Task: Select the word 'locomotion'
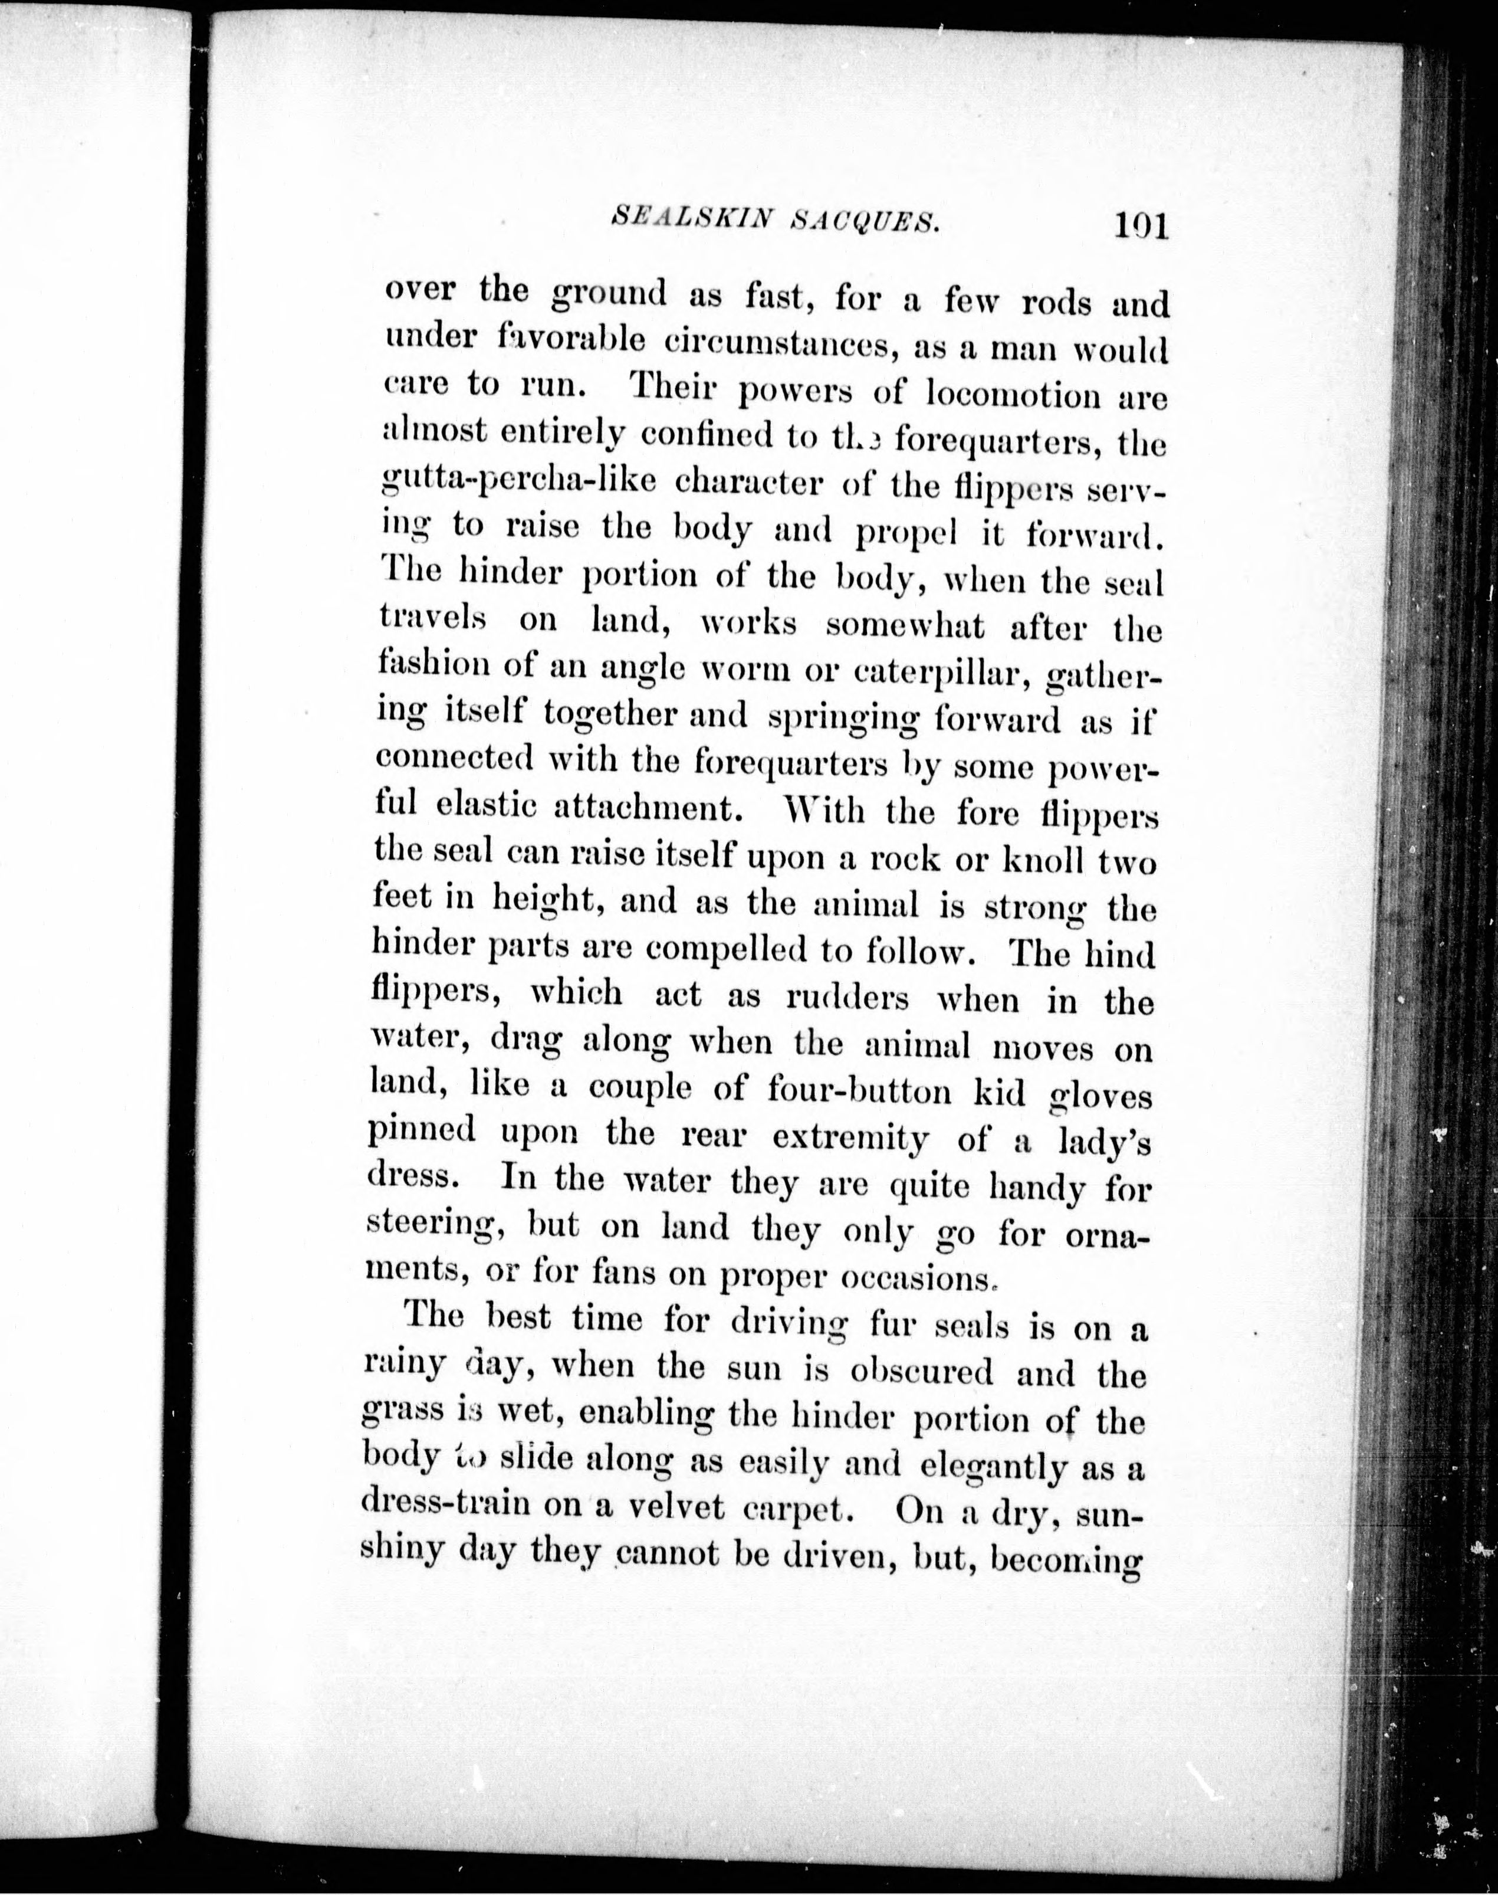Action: [1008, 396]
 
